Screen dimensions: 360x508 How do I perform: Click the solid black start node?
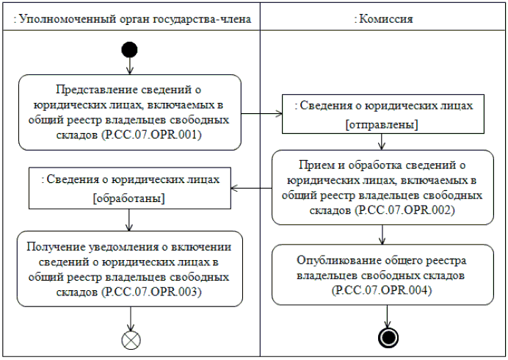point(129,50)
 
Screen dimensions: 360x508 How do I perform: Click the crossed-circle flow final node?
point(130,339)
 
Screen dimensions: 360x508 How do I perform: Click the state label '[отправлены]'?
point(382,124)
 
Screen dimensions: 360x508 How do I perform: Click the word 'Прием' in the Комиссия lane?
point(315,163)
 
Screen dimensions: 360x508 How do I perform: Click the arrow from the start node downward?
point(129,66)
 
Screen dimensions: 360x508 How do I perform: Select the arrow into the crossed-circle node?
point(130,319)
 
